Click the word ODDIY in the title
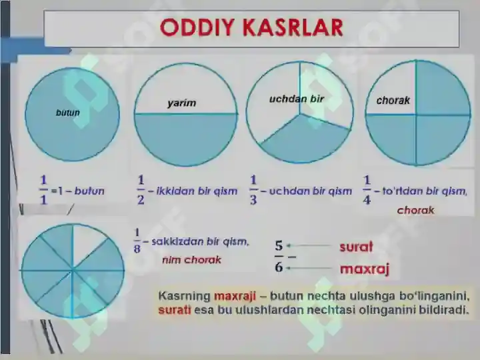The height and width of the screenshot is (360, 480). [x=197, y=27]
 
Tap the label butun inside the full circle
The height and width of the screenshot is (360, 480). [x=68, y=113]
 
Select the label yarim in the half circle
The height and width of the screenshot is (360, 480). [x=182, y=103]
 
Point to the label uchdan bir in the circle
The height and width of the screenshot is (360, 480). [x=296, y=99]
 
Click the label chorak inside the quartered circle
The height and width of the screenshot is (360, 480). [x=393, y=100]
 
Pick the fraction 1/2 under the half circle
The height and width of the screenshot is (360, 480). [x=141, y=190]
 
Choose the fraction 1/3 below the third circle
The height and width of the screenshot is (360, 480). [x=253, y=190]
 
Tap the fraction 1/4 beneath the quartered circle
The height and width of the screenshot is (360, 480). [x=367, y=190]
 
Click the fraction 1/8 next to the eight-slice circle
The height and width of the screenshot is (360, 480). [x=137, y=241]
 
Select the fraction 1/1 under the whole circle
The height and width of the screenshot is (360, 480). [x=43, y=190]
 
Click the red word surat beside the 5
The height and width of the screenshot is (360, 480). [x=356, y=247]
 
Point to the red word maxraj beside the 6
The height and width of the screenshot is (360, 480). [x=365, y=269]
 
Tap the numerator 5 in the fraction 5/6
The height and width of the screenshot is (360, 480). [x=279, y=245]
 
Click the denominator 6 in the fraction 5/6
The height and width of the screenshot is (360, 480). [x=279, y=267]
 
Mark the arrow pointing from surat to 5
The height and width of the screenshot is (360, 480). [x=309, y=245]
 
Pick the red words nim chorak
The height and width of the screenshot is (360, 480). [x=191, y=260]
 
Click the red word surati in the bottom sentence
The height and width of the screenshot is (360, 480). [x=175, y=310]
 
